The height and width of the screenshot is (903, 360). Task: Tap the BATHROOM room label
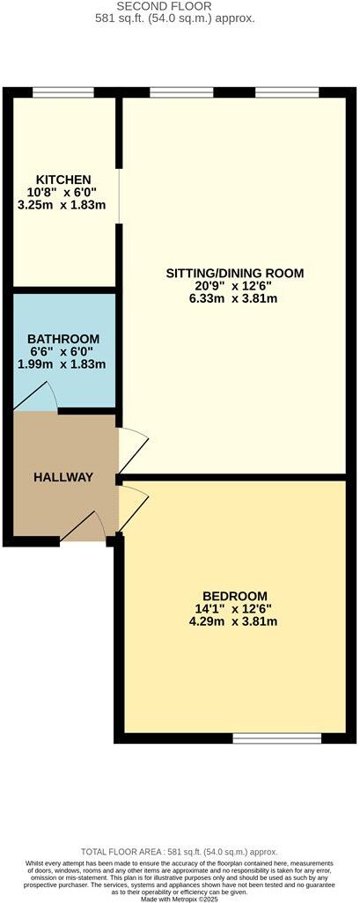63,339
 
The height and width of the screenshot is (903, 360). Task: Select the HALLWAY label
63,477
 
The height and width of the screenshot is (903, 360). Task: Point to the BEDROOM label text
234,596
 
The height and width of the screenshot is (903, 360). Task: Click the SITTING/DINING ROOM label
235,274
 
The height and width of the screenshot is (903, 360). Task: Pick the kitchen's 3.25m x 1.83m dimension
62,205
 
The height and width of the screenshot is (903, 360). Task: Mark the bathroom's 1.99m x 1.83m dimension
63,364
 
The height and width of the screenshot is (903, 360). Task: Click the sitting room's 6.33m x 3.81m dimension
235,299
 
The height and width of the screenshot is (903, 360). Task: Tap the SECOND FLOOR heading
180,6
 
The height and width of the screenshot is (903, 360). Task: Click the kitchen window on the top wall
63,92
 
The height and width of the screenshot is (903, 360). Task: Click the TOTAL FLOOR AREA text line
180,852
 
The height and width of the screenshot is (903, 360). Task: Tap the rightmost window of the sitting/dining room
287,92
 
